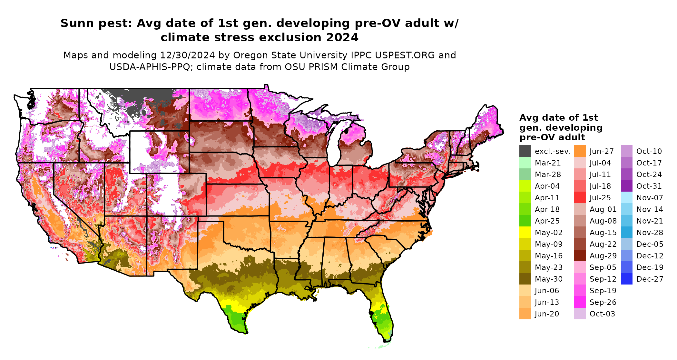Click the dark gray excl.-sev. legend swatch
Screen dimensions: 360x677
point(525,151)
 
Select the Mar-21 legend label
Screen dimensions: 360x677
point(548,163)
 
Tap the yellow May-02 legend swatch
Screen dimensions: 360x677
point(525,233)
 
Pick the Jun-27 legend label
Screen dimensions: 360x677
point(602,151)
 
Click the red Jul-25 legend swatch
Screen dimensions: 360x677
point(580,198)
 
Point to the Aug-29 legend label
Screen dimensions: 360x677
point(603,256)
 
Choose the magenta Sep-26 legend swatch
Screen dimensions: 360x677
point(580,302)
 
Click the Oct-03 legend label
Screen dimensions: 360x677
point(602,314)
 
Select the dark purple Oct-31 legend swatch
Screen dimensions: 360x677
point(626,186)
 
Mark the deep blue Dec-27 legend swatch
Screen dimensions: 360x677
point(626,279)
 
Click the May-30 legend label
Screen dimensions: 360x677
point(548,279)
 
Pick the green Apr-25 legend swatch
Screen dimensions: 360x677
point(525,221)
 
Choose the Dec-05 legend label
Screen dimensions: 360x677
point(650,244)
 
